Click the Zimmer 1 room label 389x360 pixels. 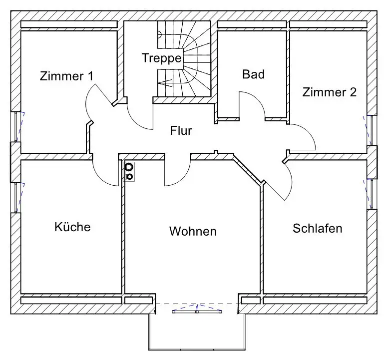[66, 76]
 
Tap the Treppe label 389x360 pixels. [161, 57]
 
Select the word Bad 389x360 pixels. [253, 75]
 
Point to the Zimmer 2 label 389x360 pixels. [330, 92]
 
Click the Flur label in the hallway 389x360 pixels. [181, 131]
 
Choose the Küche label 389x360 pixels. [72, 227]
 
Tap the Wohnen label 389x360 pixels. [193, 232]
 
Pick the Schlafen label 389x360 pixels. [318, 229]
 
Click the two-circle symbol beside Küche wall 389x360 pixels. [129, 171]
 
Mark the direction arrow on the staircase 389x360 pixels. [165, 83]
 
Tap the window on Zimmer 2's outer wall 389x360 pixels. [371, 130]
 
